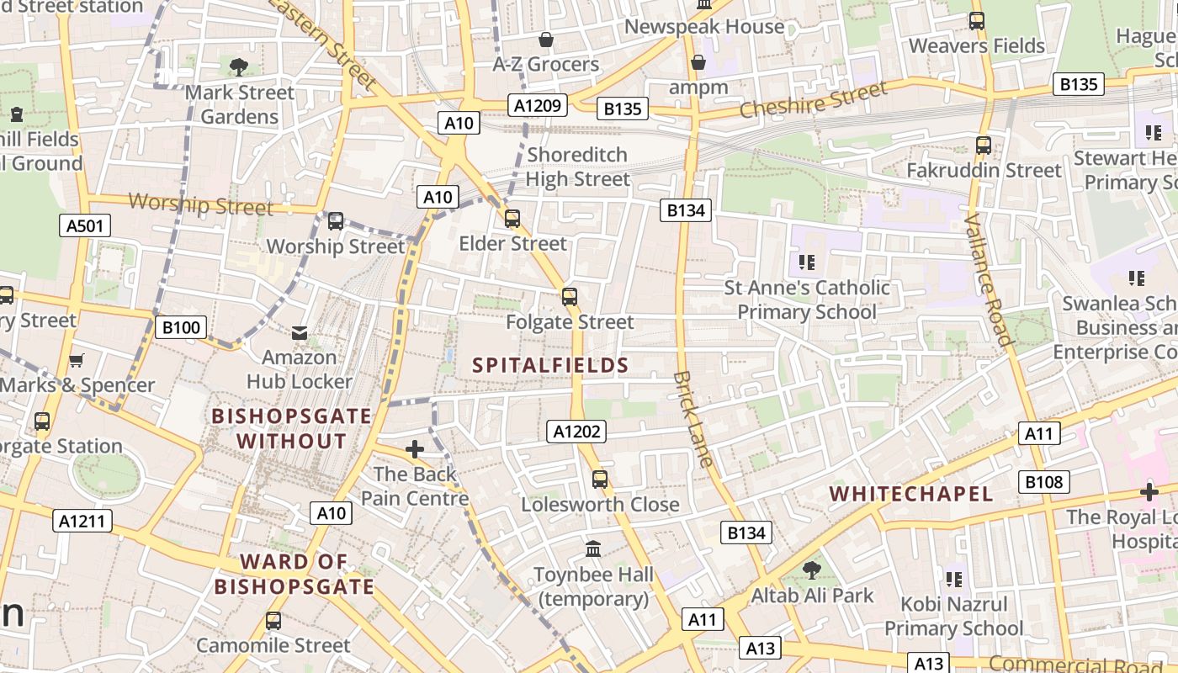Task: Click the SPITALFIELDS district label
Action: (550, 365)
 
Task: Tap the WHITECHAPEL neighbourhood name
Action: (911, 494)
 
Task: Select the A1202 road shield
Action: (576, 432)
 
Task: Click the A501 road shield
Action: (85, 225)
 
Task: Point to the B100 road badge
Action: (181, 327)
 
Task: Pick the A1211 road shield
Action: (82, 521)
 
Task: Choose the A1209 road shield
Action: (538, 105)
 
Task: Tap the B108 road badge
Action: (1044, 482)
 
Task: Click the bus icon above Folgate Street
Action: (570, 296)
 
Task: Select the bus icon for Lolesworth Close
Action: (600, 480)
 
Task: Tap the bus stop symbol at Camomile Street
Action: (273, 621)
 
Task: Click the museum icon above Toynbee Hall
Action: (594, 549)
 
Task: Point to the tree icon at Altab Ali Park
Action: (812, 570)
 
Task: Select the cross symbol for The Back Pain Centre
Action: (415, 450)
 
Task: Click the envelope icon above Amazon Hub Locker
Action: (300, 333)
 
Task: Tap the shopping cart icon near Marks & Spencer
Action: (77, 361)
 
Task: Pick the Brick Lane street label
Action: (694, 419)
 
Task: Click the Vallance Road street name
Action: (988, 280)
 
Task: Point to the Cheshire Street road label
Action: (813, 100)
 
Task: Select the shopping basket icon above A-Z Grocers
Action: (546, 40)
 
